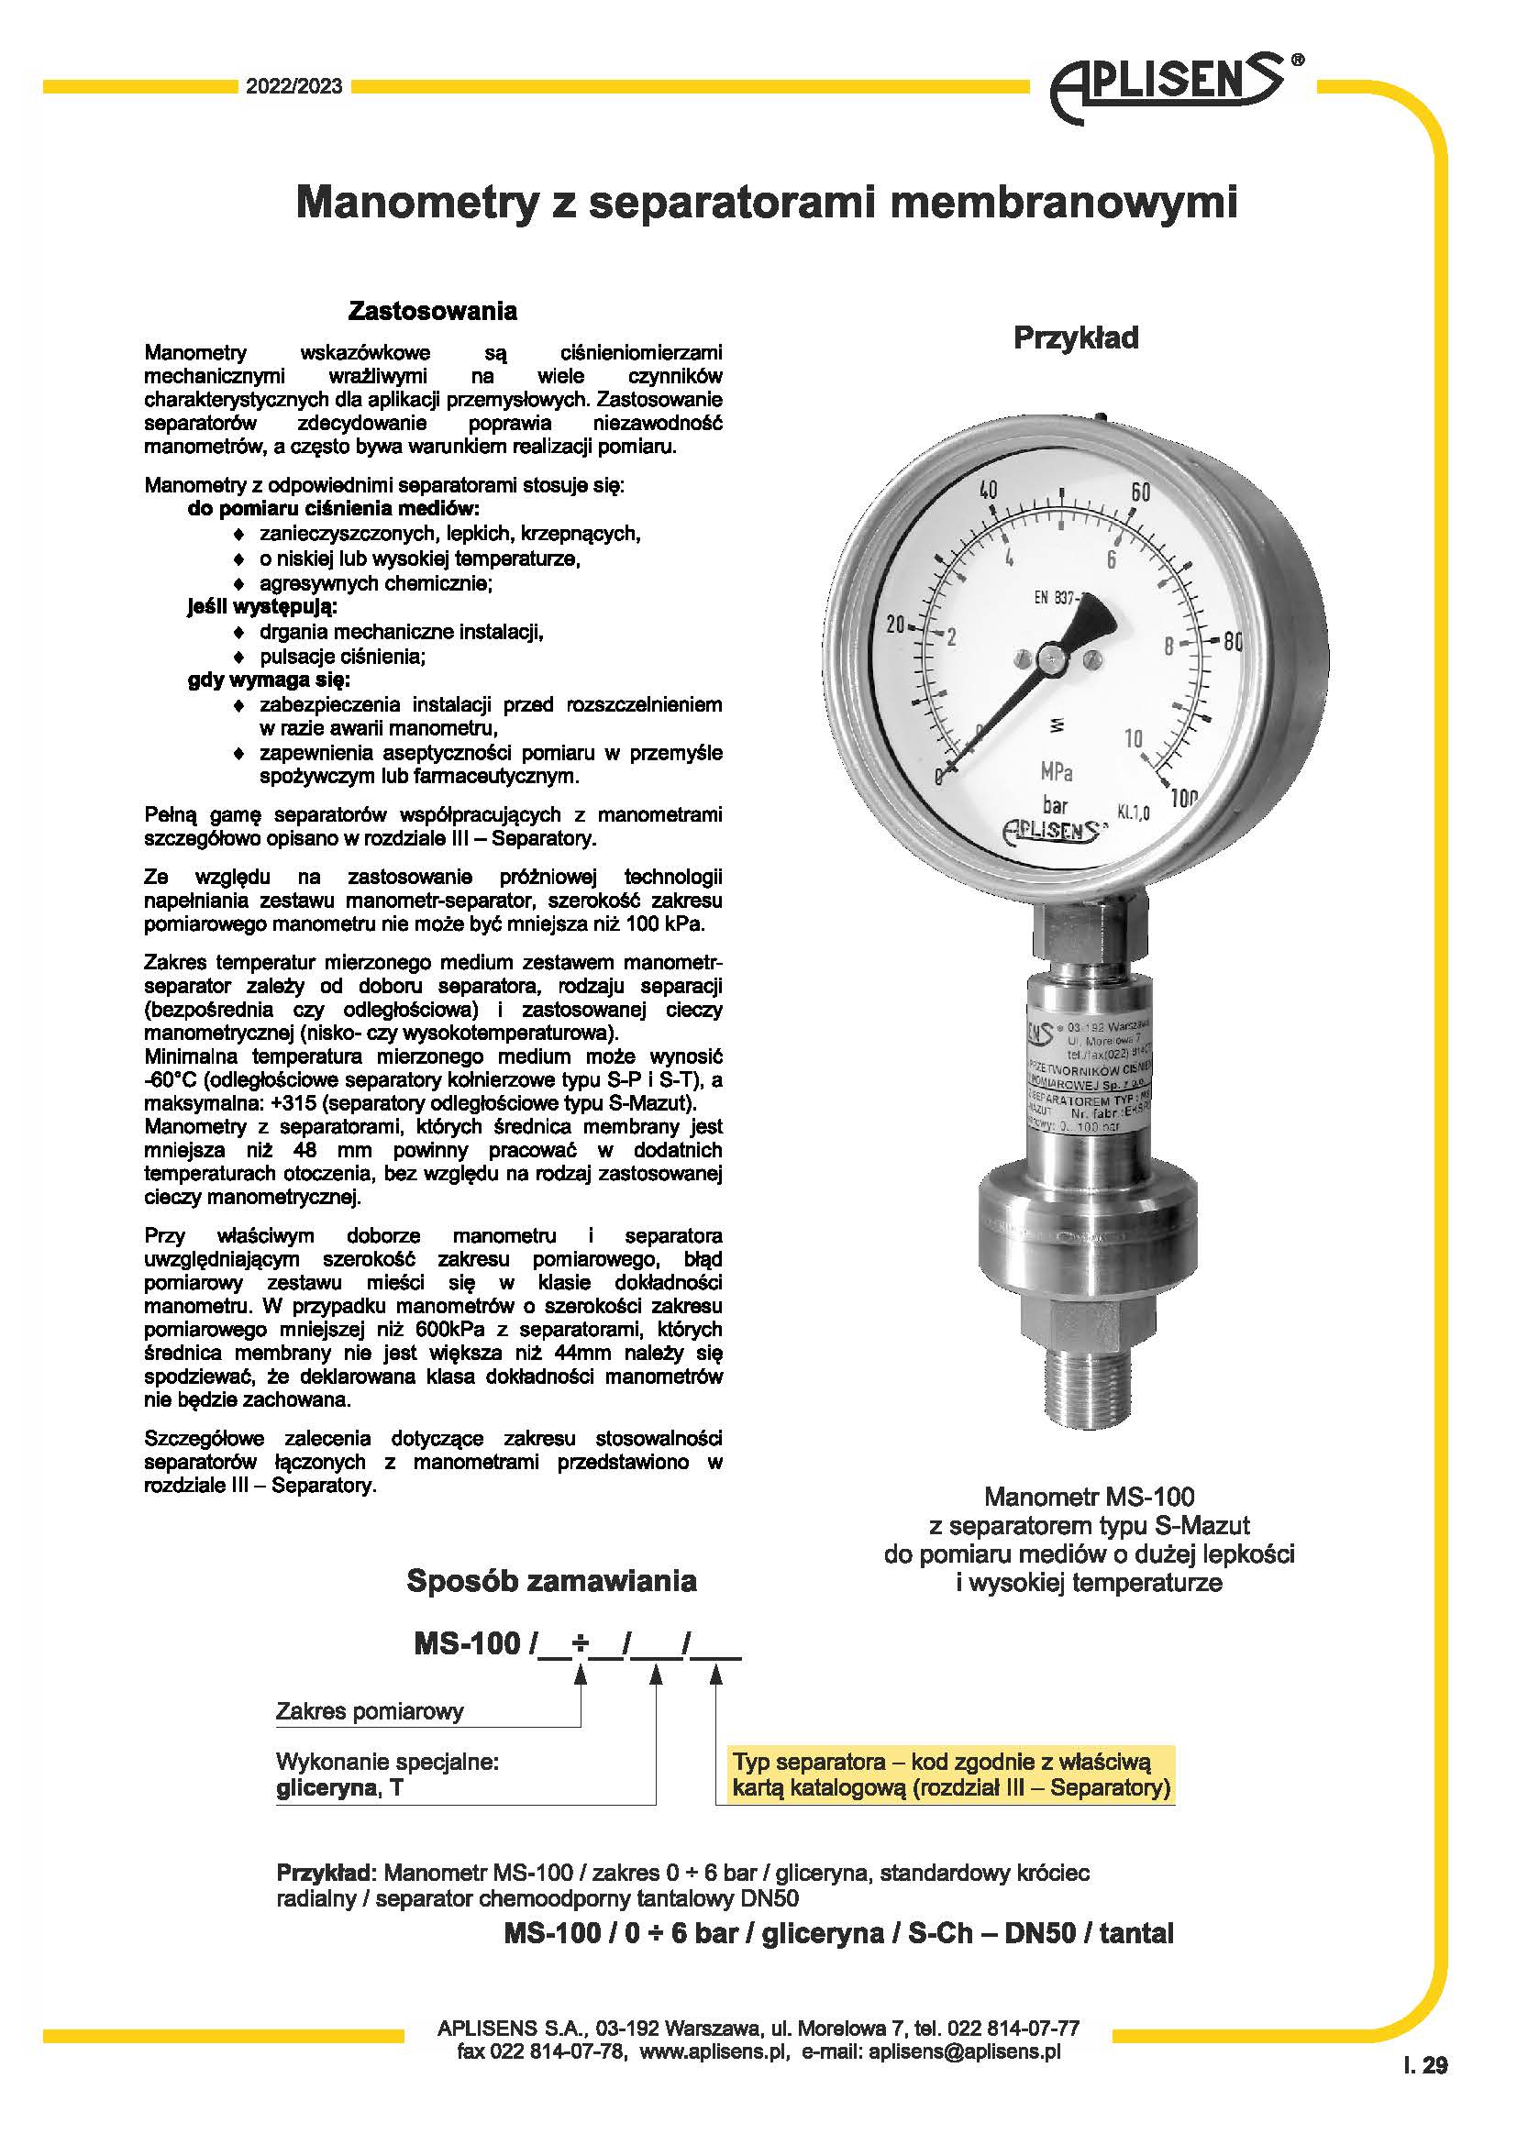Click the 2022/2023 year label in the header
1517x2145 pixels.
pos(293,87)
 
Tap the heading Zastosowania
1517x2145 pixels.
pos(433,310)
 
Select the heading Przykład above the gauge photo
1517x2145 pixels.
pos(1076,337)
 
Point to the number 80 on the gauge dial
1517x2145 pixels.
pos(1231,641)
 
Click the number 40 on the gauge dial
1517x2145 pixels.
pos(987,492)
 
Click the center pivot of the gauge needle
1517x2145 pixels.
pos(1053,659)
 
